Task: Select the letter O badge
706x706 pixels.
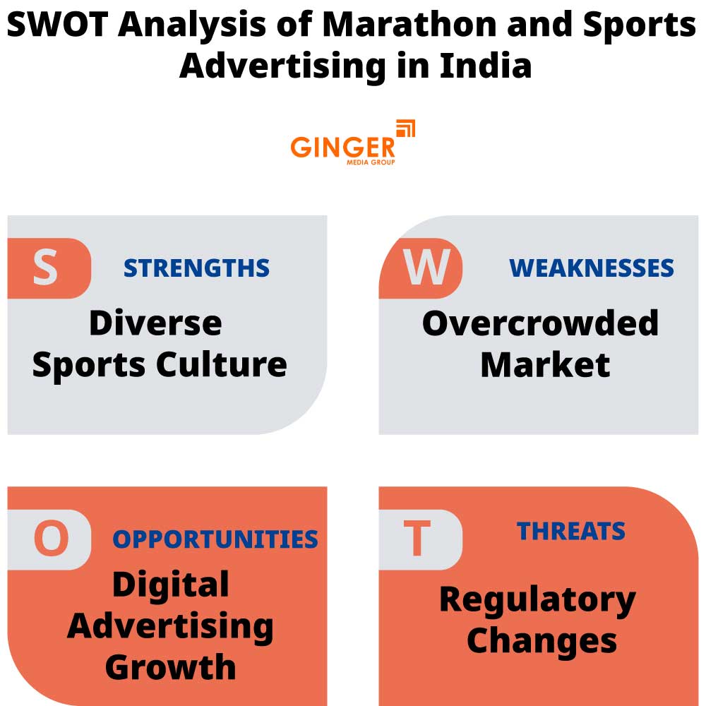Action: click(51, 539)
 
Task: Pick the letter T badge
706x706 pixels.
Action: click(417, 539)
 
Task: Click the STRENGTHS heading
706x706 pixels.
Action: click(196, 268)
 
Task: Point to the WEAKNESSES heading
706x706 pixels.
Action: click(592, 268)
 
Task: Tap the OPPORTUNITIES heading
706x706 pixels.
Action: click(215, 539)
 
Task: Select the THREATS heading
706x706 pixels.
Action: click(571, 531)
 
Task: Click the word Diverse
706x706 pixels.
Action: click(155, 323)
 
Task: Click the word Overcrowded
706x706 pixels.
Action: click(540, 323)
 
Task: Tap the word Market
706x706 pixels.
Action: click(545, 365)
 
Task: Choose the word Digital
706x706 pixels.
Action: click(171, 585)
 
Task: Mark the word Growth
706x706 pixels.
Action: click(171, 667)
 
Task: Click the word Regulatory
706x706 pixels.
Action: click(537, 600)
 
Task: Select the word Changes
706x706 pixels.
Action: click(542, 641)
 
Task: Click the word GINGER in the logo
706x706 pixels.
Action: click(342, 147)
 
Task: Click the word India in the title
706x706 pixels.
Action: click(485, 66)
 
